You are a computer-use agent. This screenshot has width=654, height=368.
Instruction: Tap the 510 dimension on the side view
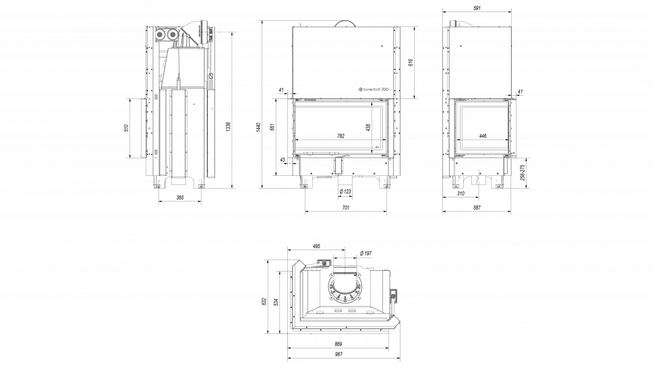point(126,128)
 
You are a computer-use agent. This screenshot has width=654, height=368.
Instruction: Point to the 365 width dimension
point(180,197)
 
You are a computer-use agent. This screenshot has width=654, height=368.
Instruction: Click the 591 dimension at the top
point(476,7)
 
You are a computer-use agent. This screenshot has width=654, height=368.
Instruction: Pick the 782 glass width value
point(340,136)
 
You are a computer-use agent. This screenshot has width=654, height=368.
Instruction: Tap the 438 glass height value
point(368,127)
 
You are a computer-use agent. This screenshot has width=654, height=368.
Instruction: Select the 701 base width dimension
point(346,208)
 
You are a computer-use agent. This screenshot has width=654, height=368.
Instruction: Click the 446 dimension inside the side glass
point(483,136)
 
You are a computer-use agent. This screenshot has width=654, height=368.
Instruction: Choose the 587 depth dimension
point(477,208)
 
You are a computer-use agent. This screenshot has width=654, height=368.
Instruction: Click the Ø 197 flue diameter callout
point(367,253)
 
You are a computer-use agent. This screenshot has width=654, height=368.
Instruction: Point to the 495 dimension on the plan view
point(316,247)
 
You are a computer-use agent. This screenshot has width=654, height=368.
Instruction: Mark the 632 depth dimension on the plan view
point(264,302)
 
